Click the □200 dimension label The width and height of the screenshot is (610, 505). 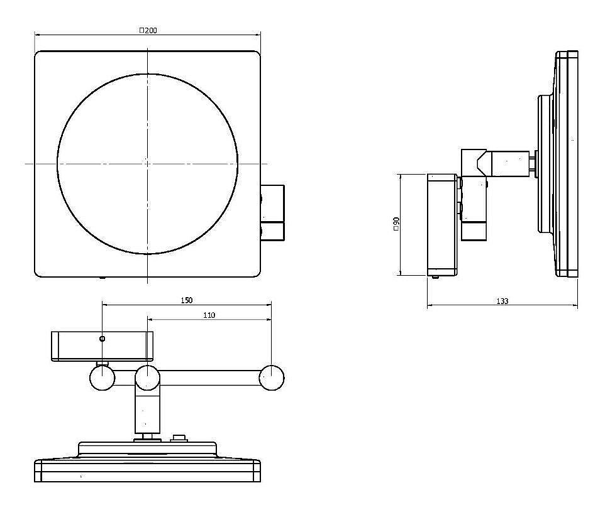click(x=148, y=30)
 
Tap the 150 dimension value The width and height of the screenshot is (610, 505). click(x=187, y=300)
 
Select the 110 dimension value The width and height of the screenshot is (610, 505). click(x=209, y=315)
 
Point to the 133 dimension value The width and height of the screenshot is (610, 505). click(x=502, y=301)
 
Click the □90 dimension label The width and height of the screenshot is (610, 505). click(x=396, y=224)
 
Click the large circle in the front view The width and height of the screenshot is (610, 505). click(x=57, y=164)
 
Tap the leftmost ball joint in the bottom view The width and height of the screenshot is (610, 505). click(x=103, y=377)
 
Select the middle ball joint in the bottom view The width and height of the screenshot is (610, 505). click(x=147, y=377)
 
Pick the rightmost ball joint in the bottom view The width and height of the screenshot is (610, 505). click(x=272, y=377)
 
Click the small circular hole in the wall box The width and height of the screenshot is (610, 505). click(x=103, y=339)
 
